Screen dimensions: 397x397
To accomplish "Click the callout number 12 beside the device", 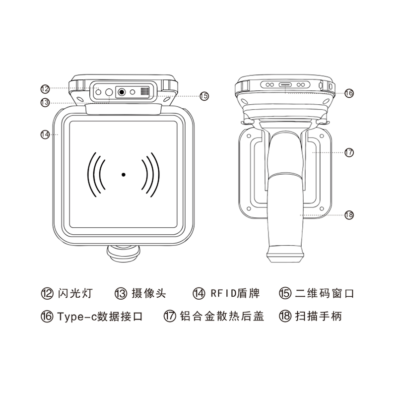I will (x=45, y=89).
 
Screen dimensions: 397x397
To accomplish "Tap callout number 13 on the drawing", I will (x=45, y=102).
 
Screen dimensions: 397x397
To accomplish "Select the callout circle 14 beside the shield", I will (x=45, y=134).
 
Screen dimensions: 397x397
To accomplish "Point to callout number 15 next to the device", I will (x=203, y=96).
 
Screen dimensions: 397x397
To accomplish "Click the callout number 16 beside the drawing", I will (x=349, y=93).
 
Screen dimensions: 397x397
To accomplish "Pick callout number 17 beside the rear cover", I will (x=349, y=152).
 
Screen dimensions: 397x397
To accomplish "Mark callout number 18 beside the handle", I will (x=349, y=214).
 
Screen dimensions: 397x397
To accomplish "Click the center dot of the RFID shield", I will (x=123, y=174).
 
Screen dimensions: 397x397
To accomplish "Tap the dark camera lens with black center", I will (x=122, y=92).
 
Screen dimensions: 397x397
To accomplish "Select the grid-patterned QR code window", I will (x=144, y=92).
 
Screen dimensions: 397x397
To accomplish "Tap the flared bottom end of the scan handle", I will (x=286, y=256).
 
